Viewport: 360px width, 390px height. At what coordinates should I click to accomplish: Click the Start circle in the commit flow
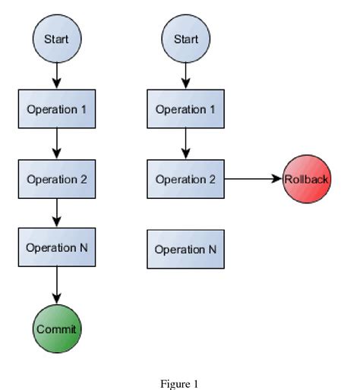(57, 39)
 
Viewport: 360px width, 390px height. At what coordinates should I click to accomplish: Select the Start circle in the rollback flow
(185, 39)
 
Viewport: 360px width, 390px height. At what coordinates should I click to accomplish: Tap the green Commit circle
(57, 329)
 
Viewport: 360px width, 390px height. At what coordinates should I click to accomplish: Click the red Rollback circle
(306, 180)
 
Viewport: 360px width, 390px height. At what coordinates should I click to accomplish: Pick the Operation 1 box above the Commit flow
(57, 109)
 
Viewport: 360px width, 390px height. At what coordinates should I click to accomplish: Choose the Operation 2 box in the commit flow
(57, 180)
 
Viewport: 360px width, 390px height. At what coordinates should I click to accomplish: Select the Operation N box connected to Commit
(57, 248)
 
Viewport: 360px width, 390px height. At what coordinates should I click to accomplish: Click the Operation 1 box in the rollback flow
(185, 109)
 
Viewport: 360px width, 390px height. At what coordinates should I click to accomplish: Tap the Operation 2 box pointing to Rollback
(185, 180)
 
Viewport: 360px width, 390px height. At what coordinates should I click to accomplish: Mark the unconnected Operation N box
(185, 250)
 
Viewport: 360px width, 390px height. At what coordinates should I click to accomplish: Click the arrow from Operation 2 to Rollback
(251, 180)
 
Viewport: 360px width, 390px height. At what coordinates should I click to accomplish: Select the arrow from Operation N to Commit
(57, 286)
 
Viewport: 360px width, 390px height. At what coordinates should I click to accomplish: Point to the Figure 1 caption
(179, 384)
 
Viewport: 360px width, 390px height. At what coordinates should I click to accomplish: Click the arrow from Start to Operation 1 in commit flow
(57, 74)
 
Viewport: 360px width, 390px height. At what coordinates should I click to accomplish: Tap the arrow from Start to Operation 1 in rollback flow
(185, 74)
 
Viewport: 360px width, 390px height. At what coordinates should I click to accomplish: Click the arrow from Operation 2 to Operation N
(57, 214)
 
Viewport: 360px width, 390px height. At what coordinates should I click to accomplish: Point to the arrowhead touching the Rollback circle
(277, 180)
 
